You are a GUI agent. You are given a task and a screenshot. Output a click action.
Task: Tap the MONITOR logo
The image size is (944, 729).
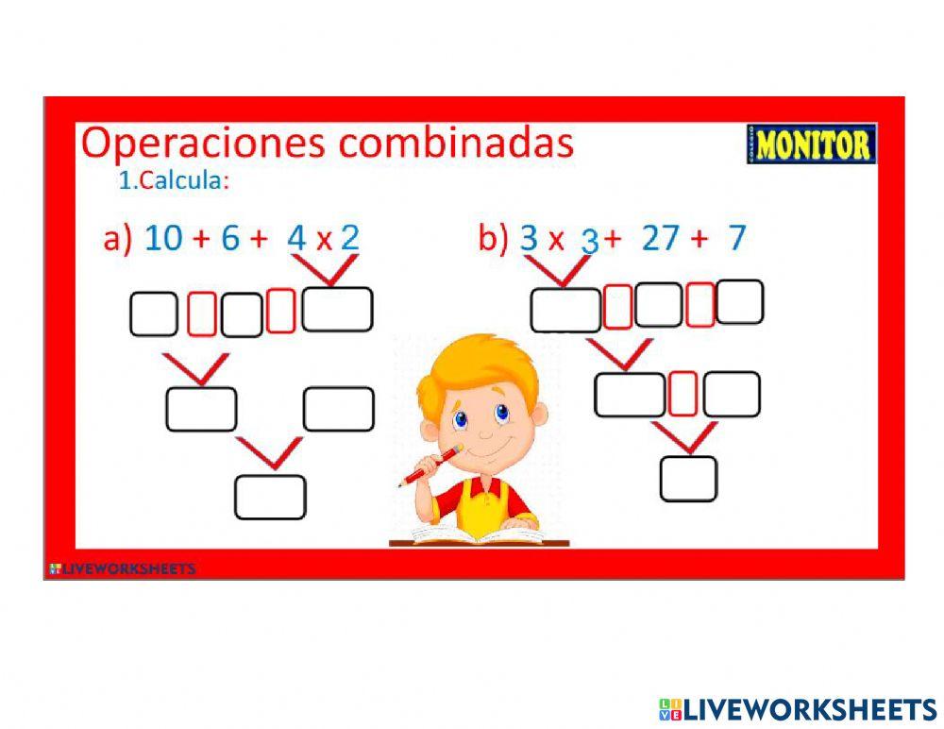pos(811,144)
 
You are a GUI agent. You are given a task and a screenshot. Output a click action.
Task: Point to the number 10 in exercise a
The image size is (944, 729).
pos(162,238)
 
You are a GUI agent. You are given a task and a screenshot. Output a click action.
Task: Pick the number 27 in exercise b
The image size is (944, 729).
pos(660,238)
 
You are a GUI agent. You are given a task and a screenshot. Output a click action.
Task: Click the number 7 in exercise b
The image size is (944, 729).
pos(736,238)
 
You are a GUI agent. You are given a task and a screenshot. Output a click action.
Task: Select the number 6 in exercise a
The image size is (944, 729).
pos(230,238)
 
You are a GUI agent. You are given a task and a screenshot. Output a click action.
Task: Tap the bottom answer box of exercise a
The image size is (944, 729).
pos(270,498)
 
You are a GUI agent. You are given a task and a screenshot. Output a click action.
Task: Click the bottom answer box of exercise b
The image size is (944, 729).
pos(688,479)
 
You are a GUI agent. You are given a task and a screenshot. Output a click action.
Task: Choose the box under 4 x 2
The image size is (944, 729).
pos(337,310)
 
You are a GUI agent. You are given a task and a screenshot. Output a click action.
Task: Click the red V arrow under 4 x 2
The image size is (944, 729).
pos(329,271)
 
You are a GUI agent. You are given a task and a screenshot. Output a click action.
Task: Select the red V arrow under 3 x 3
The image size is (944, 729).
pos(561,272)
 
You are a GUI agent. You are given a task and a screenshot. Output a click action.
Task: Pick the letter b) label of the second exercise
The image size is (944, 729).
pos(493,238)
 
